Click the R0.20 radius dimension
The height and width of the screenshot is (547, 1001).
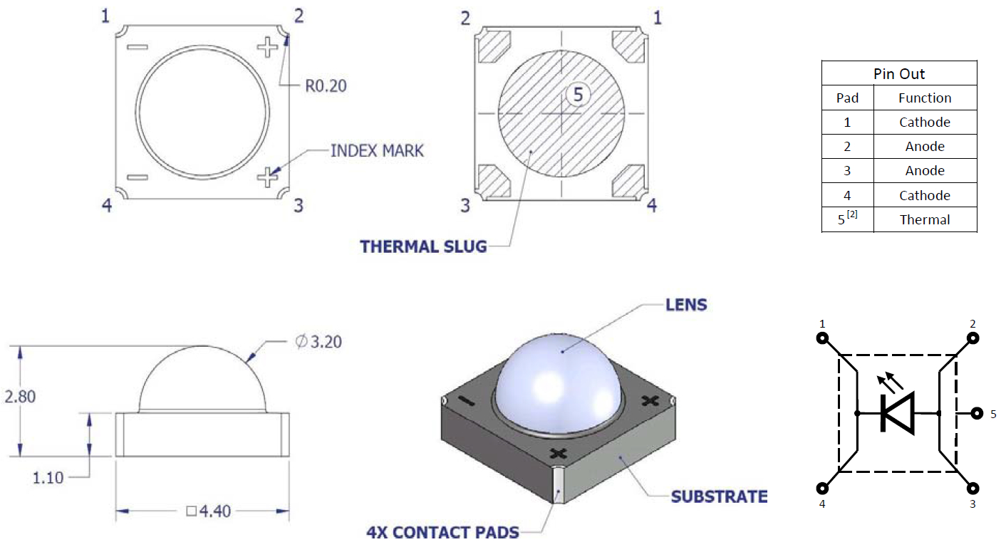point(326,85)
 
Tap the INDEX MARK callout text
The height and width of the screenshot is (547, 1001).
point(377,150)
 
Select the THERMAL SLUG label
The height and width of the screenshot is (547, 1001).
point(423,246)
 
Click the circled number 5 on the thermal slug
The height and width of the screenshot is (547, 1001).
point(579,94)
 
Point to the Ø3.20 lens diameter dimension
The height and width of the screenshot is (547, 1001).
point(318,342)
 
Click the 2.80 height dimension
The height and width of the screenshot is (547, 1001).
point(20,397)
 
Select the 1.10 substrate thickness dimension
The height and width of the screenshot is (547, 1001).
point(48,478)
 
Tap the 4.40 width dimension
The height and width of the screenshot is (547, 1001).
point(209,511)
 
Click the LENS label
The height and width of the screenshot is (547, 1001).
point(686,305)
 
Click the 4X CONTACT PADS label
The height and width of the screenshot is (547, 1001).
point(443,532)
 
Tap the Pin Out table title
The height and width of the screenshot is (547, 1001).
point(899,74)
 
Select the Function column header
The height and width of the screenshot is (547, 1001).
point(925,98)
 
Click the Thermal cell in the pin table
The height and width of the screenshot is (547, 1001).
point(925,219)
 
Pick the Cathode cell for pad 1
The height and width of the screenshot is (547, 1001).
point(925,122)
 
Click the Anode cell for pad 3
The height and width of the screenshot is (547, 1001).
point(925,170)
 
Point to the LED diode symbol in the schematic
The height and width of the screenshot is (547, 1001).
point(897,413)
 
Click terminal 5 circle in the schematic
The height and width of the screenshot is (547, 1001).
point(977,413)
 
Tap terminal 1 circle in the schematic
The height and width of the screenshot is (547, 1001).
point(822,338)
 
